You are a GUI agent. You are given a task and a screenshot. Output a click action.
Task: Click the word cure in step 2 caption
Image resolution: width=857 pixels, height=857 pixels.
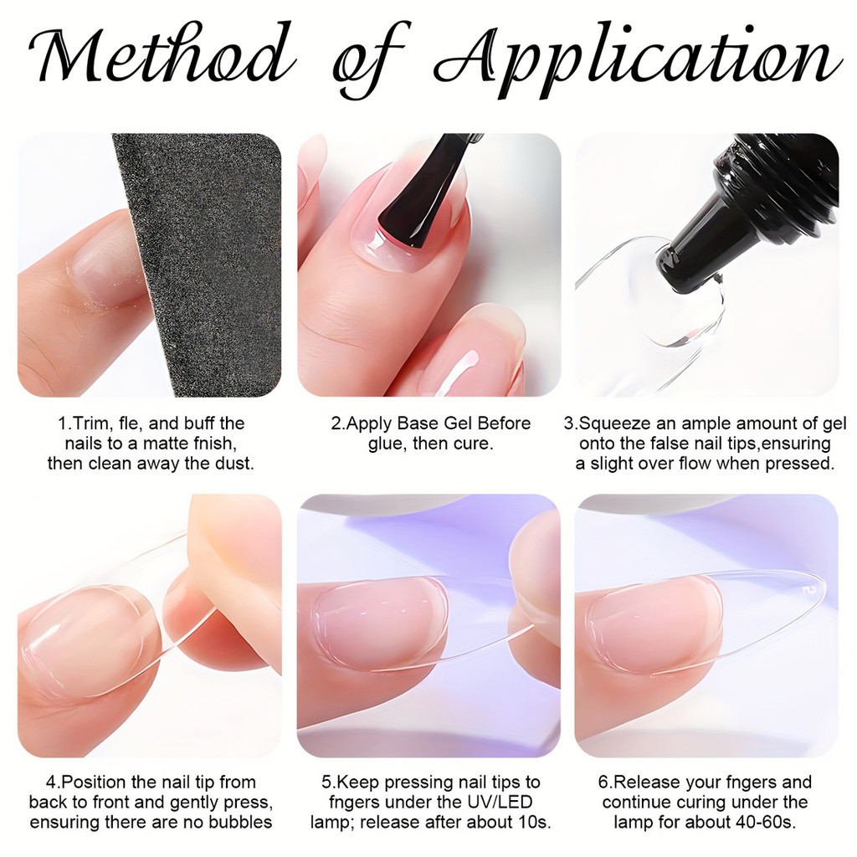coord(474,444)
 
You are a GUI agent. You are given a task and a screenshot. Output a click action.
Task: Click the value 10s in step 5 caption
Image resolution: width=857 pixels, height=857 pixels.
coord(536,822)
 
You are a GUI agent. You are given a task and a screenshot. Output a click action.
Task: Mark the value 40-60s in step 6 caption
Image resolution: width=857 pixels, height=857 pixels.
coord(770,822)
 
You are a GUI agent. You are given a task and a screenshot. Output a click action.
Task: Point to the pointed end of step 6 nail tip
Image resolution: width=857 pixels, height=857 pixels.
coord(824,585)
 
